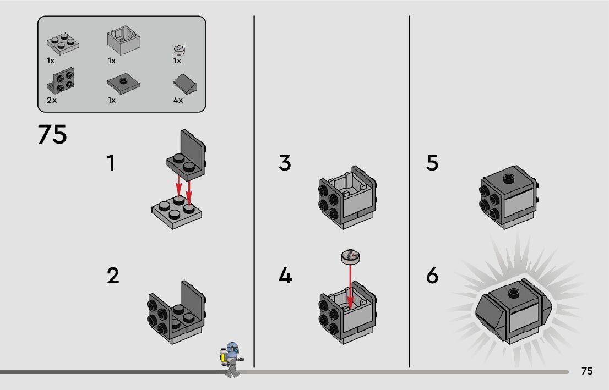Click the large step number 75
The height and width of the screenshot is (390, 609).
pos(52,134)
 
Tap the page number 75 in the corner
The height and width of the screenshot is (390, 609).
pos(587,371)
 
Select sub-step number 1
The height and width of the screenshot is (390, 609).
pos(111,163)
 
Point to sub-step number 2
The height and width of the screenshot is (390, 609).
pos(113,276)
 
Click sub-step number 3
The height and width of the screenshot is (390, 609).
pos(285,163)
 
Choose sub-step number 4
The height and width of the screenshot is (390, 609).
pos(285,276)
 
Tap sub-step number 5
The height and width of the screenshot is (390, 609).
pos(432,163)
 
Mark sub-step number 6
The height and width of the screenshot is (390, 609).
pos(432,276)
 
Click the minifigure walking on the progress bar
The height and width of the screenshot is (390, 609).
pos(232,360)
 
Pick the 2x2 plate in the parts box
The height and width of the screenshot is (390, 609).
pos(63,43)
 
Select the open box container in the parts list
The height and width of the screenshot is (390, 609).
pos(123,40)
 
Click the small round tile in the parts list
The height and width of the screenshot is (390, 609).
pos(179,50)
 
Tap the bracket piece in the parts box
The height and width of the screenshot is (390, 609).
pos(61,81)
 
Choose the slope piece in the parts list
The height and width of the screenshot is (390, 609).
pos(184,84)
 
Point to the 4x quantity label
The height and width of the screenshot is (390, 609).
pos(178,100)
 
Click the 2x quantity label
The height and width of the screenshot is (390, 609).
pos(52,100)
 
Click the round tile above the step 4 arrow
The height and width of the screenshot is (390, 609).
pos(350,256)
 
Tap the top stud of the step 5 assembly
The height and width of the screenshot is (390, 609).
pos(509,178)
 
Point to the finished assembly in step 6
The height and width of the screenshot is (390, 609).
pos(513,310)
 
